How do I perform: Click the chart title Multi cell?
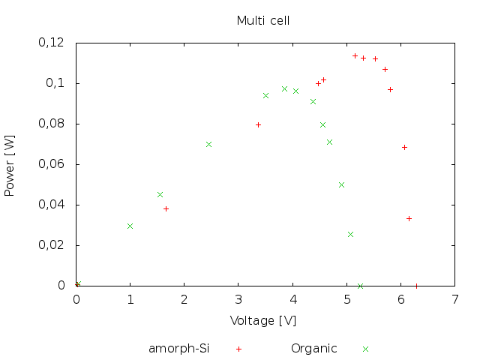[x=263, y=20]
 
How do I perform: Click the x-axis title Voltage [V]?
[x=263, y=320]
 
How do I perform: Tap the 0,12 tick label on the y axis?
[x=52, y=43]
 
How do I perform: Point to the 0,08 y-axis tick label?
[x=52, y=124]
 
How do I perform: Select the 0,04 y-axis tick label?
[x=52, y=205]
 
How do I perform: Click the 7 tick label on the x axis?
[x=455, y=298]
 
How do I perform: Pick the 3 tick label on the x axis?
[x=238, y=298]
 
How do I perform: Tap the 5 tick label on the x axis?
[x=347, y=298]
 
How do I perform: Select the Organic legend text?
[x=314, y=348]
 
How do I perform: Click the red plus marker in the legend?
[x=238, y=349]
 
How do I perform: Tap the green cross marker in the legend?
[x=366, y=349]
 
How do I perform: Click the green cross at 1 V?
[x=130, y=226]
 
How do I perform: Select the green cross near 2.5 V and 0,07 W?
[x=208, y=144]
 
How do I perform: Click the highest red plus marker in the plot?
[x=355, y=55]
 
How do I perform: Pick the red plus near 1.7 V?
[x=166, y=208]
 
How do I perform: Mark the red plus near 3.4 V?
[x=258, y=124]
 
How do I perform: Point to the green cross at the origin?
[x=77, y=284]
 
